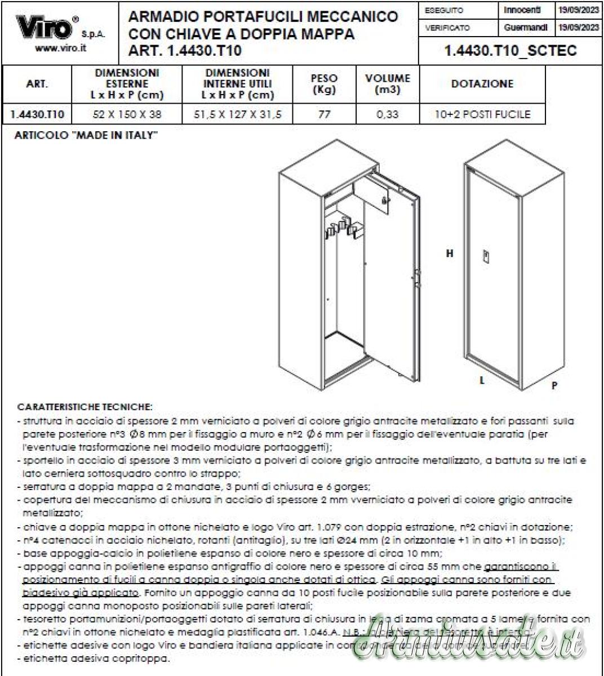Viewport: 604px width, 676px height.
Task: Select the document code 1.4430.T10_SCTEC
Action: pos(510,51)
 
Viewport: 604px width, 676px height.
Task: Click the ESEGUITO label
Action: pos(444,11)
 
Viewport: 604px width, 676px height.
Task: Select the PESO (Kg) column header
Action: pos(324,84)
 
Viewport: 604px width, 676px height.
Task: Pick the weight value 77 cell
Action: pos(324,114)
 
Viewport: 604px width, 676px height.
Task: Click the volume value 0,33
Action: pos(387,114)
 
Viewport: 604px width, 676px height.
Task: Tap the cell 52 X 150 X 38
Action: pos(127,114)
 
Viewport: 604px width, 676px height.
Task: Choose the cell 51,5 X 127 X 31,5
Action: pos(237,114)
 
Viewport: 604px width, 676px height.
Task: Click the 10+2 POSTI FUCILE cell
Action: pos(482,114)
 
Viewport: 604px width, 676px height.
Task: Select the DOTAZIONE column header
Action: pos(482,84)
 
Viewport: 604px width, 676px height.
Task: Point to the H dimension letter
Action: pos(450,254)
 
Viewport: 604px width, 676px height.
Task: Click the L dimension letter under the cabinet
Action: pos(482,380)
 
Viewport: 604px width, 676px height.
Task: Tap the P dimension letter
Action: pos(554,386)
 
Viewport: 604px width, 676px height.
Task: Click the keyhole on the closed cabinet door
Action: pos(485,257)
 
